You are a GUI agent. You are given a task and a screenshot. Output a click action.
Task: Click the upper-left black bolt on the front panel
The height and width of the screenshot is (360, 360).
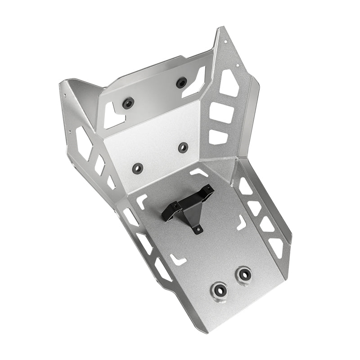click(128, 104)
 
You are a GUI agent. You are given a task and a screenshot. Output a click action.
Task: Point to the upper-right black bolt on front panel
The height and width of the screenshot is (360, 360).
click(182, 83)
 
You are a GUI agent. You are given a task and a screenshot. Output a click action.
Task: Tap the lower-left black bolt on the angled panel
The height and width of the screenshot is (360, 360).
click(138, 168)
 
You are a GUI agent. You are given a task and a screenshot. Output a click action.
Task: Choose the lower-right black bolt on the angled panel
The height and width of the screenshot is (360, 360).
click(183, 147)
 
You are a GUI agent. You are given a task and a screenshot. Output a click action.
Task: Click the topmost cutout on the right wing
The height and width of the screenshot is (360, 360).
click(229, 83)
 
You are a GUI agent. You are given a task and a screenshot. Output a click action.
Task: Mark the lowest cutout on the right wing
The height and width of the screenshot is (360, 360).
click(218, 136)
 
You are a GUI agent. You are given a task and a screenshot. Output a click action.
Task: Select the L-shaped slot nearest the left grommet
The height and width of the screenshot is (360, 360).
click(178, 259)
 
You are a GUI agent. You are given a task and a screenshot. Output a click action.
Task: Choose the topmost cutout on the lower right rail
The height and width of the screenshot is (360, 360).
click(245, 186)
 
